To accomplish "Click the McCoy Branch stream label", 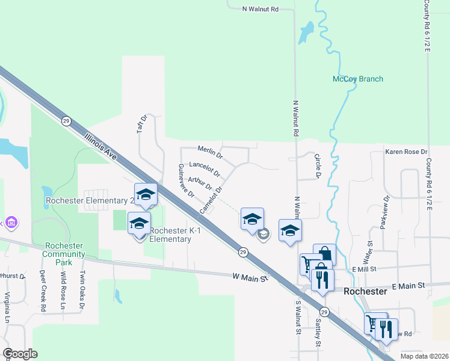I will pyautogui.click(x=358, y=79).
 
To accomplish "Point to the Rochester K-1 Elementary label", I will pyautogui.click(x=170, y=235).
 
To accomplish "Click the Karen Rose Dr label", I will pyautogui.click(x=406, y=152).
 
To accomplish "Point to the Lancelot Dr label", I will pyautogui.click(x=205, y=168).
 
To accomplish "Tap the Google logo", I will pyautogui.click(x=20, y=354).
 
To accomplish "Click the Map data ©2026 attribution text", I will pyautogui.click(x=424, y=356).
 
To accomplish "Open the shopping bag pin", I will pyautogui.click(x=324, y=253).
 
